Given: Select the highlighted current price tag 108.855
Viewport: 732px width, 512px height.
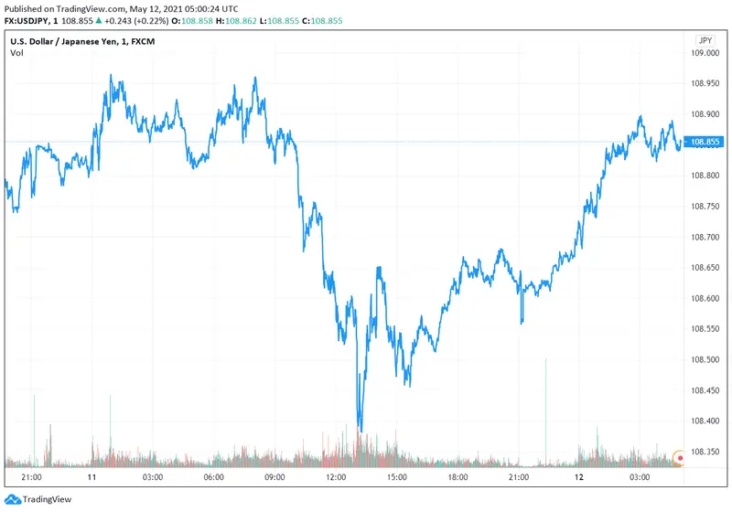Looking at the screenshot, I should click(705, 142).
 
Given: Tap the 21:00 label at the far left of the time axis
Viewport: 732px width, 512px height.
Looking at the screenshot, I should click(31, 477).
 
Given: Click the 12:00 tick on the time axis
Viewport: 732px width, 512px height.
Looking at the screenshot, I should click(336, 477).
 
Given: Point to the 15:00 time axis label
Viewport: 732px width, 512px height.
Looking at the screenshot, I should click(396, 477).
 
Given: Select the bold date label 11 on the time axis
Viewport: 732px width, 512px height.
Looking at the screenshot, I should click(92, 477).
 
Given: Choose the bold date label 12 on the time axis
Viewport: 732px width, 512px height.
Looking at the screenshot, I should click(579, 477).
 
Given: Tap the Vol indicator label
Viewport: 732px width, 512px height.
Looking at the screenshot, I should click(16, 53).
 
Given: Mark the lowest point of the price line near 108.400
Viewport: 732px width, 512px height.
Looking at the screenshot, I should click(361, 431).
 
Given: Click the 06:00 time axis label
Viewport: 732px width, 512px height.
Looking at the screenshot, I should click(214, 477).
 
